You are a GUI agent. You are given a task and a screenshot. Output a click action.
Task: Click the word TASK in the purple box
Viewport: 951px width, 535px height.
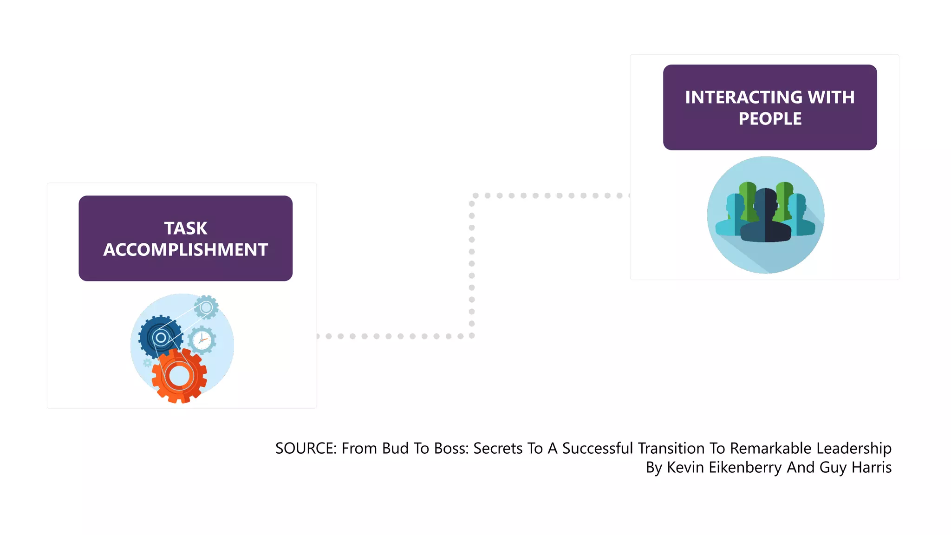[186, 228]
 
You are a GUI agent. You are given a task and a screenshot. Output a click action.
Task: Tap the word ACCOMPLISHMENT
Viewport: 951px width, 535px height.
[186, 250]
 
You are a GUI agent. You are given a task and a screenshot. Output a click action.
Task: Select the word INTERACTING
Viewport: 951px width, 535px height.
[743, 98]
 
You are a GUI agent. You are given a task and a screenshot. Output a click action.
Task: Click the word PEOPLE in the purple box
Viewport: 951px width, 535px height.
[770, 119]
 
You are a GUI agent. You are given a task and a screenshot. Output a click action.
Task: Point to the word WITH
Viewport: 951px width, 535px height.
[831, 98]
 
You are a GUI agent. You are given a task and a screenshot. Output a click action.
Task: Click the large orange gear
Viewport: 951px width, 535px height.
[179, 376]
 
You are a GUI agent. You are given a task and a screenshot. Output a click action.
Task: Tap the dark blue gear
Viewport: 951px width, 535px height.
[159, 337]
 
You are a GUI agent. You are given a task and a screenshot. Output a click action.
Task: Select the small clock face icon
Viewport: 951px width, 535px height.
[202, 340]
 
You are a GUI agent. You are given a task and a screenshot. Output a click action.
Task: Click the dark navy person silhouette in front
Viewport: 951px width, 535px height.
[765, 218]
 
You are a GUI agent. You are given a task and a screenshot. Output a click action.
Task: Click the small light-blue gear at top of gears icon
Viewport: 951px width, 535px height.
[206, 307]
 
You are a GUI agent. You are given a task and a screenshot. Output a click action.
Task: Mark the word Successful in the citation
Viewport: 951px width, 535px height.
[598, 449]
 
